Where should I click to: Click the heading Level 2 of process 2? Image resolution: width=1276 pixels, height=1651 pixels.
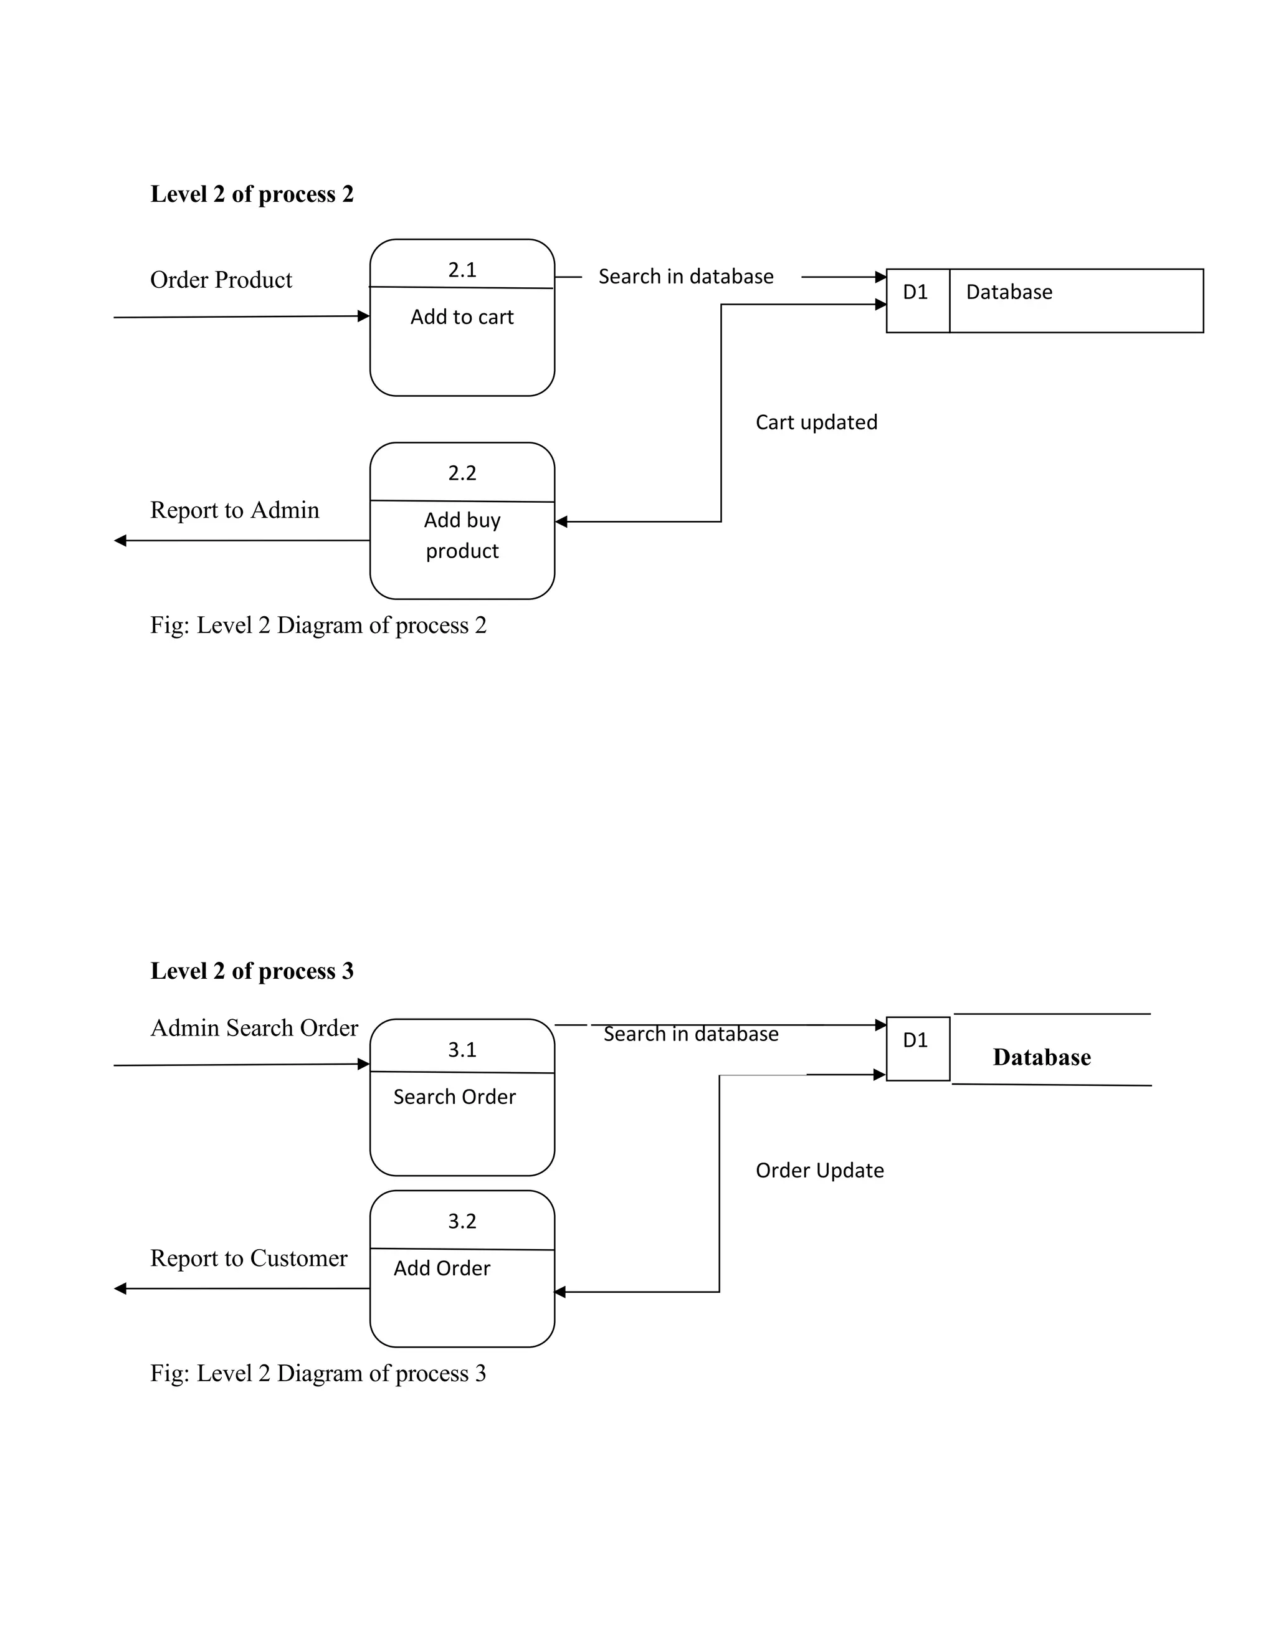click(252, 194)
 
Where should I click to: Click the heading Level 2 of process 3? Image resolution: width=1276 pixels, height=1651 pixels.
click(252, 971)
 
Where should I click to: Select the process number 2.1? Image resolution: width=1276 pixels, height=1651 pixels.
click(462, 270)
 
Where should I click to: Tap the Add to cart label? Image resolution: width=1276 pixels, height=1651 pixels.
click(462, 316)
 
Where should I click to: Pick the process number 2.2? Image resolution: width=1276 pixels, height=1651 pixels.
click(462, 473)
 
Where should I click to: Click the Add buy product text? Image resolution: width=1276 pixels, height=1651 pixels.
click(462, 535)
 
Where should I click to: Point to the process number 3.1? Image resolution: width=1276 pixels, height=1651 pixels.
click(462, 1050)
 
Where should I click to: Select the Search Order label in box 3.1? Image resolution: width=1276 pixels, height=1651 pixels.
click(454, 1097)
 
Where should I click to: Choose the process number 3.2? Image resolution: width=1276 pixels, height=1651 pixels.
click(462, 1222)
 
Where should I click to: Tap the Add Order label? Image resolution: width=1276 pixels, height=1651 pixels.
click(442, 1268)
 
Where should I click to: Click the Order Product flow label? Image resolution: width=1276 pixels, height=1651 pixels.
click(221, 280)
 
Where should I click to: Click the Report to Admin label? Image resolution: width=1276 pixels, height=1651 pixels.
click(234, 510)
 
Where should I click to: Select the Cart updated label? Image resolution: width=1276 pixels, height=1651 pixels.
click(816, 422)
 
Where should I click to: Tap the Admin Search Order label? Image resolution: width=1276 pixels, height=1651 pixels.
click(254, 1028)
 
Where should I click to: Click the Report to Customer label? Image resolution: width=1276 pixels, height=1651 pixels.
click(249, 1258)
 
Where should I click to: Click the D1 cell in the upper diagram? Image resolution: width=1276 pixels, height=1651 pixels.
click(915, 293)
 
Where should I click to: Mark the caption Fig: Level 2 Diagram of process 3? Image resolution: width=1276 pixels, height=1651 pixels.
click(318, 1374)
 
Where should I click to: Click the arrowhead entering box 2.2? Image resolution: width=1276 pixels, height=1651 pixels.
click(561, 521)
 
